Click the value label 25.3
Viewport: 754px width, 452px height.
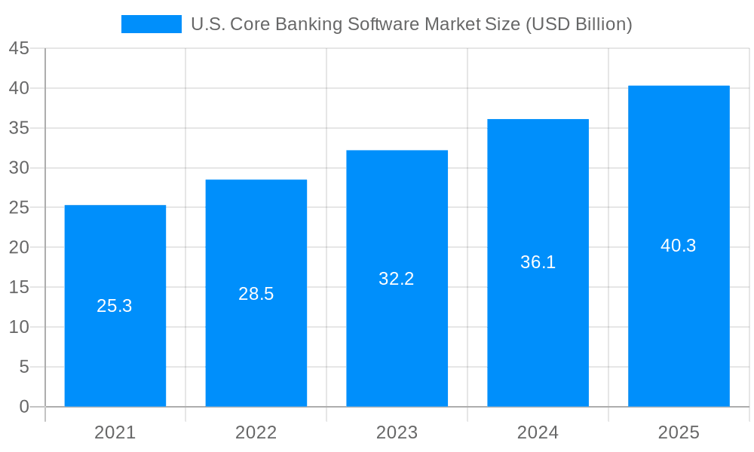pyautogui.click(x=115, y=306)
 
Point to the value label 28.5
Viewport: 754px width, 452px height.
pyautogui.click(x=256, y=294)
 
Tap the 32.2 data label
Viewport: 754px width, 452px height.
pyautogui.click(x=397, y=279)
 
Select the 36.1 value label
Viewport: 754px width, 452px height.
pyautogui.click(x=538, y=262)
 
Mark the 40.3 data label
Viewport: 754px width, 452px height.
pyautogui.click(x=679, y=246)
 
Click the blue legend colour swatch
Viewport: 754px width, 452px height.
pyautogui.click(x=151, y=24)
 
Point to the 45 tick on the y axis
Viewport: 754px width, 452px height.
pyautogui.click(x=19, y=48)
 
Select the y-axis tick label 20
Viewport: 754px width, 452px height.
pyautogui.click(x=19, y=248)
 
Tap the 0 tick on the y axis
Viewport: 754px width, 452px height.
pyautogui.click(x=24, y=407)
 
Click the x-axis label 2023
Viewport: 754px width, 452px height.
pyautogui.click(x=397, y=432)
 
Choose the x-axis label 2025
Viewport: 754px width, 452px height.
pyautogui.click(x=679, y=432)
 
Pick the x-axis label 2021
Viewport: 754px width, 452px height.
pyautogui.click(x=115, y=432)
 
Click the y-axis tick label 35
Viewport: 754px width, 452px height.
pyautogui.click(x=19, y=128)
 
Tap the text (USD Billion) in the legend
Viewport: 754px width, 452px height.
pyautogui.click(x=578, y=24)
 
